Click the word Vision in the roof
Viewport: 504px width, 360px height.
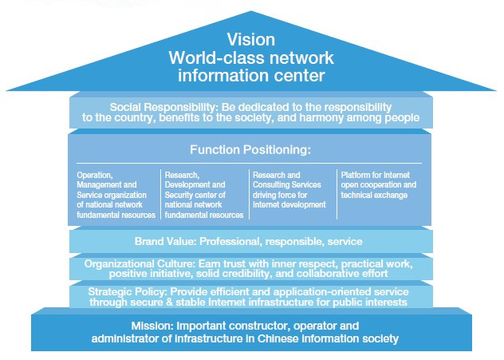click(x=251, y=40)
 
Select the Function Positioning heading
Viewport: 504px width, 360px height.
click(x=250, y=150)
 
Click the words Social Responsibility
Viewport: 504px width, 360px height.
click(x=163, y=107)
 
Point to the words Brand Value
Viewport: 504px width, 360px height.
click(x=165, y=241)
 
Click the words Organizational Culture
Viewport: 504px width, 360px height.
click(x=140, y=264)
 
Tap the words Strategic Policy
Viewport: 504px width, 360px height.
click(x=128, y=292)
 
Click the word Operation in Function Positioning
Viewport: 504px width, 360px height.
click(x=94, y=176)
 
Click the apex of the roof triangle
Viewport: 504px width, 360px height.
click(x=251, y=11)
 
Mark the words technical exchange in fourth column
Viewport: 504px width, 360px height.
click(x=374, y=196)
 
